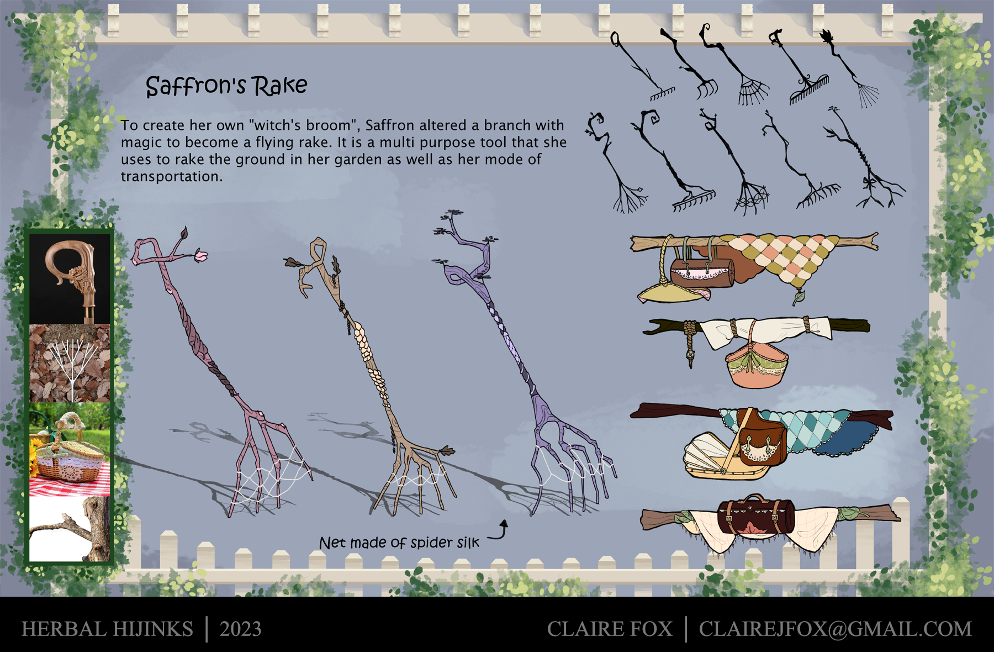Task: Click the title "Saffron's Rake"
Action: pos(226,86)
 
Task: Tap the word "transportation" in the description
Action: pos(171,177)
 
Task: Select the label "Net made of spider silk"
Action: pos(399,543)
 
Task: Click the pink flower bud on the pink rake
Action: pos(201,255)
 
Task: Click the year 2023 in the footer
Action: pos(240,629)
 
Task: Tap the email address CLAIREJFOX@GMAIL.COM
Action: pos(835,629)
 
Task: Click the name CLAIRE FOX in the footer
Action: pos(610,629)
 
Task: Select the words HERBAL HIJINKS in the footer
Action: pos(107,629)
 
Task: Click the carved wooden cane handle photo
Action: pos(70,279)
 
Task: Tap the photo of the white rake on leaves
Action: pos(70,363)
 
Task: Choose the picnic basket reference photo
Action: pos(70,449)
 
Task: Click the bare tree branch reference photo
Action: pos(70,529)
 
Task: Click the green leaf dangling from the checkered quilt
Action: pos(799,298)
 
